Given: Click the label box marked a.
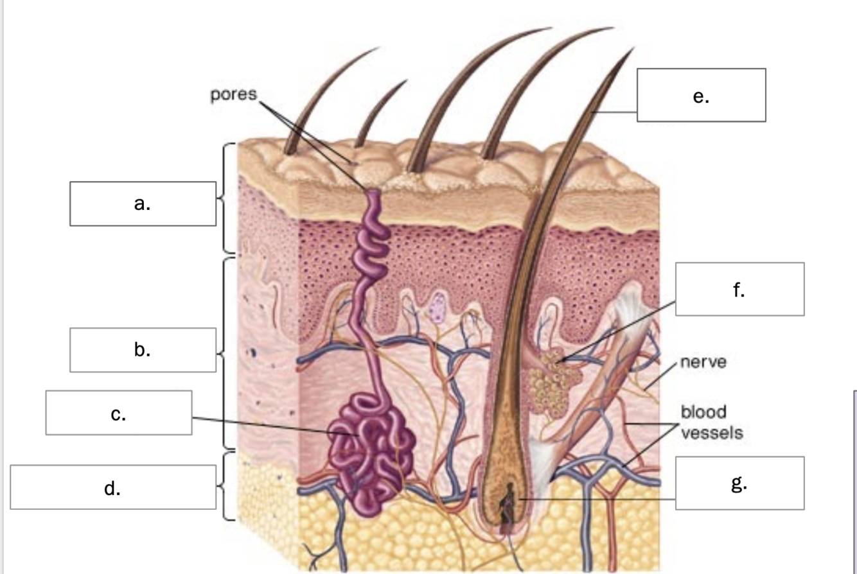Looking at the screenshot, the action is [x=143, y=204].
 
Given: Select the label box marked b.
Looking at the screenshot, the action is [x=143, y=350].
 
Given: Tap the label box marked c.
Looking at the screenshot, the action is [x=119, y=413].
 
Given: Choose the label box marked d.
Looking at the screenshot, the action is [x=113, y=487].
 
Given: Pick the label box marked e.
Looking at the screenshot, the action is [x=702, y=95].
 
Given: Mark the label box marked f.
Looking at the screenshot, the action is [x=740, y=289].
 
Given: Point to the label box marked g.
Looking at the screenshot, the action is [x=740, y=483].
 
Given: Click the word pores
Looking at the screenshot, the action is [x=233, y=95].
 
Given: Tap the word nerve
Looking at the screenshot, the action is [x=703, y=361].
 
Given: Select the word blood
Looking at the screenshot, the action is [x=703, y=412].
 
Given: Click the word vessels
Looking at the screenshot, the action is [x=712, y=433].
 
